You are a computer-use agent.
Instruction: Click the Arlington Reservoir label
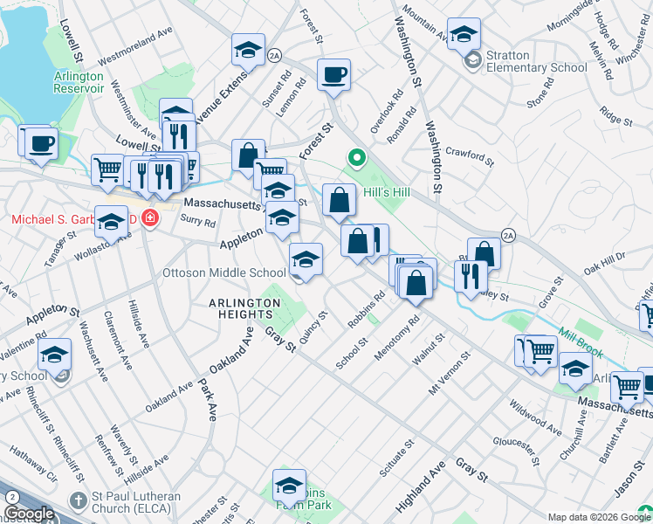[79, 82]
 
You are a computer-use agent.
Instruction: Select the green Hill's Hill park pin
[355, 159]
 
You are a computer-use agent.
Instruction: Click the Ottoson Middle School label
[224, 272]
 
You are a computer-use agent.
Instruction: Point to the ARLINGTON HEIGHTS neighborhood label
[244, 303]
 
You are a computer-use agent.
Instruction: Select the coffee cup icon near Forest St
[333, 74]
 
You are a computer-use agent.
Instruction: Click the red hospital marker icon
[150, 217]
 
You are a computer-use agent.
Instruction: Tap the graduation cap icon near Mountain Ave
[464, 34]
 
